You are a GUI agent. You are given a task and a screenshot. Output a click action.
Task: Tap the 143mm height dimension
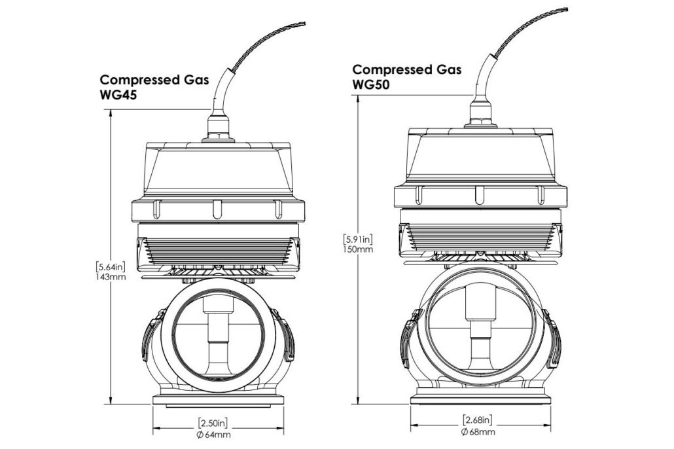[107, 277]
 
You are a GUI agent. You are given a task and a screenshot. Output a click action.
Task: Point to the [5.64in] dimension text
[107, 267]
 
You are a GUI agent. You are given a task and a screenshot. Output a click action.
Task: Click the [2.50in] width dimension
[213, 423]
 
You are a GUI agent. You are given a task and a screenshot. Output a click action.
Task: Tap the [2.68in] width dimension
[477, 420]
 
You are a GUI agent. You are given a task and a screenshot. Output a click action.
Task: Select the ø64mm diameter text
[213, 433]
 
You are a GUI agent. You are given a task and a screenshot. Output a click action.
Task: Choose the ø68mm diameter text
[477, 431]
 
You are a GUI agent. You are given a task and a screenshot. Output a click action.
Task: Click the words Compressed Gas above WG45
[154, 80]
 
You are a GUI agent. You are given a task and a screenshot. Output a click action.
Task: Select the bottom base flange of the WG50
[480, 397]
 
